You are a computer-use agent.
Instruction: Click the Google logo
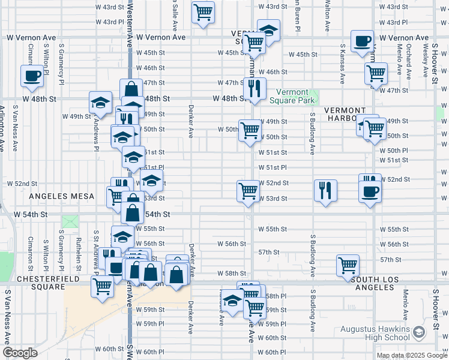tap(20, 353)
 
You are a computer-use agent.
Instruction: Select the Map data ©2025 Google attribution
tap(412, 355)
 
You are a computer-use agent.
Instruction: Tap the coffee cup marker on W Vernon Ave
tap(362, 41)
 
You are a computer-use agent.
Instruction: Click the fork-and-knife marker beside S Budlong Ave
tap(325, 190)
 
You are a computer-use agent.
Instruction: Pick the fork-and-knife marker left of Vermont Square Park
tap(255, 88)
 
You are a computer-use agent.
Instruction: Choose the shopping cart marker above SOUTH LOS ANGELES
tap(348, 265)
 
